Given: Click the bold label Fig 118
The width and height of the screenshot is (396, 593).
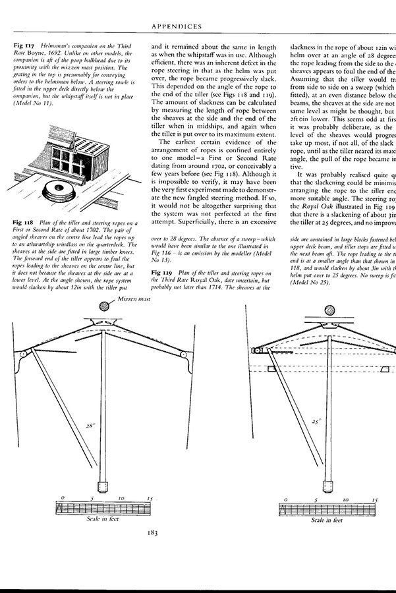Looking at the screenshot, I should tap(23, 223).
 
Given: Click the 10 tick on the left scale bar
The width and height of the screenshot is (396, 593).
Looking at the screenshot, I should tap(121, 499).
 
